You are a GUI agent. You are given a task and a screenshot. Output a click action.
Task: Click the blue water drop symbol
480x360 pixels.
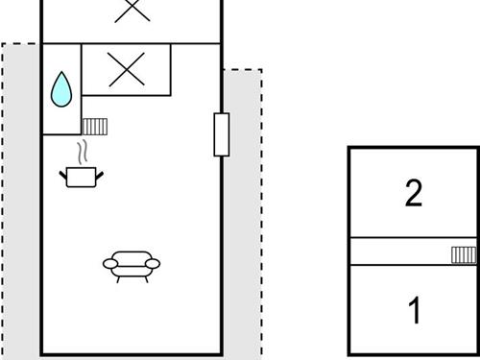(61, 88)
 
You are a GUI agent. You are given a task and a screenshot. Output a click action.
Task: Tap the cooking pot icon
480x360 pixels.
(82, 176)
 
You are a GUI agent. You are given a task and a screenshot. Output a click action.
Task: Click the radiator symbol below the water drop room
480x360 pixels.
(94, 126)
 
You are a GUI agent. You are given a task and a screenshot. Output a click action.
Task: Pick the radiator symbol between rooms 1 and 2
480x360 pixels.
(464, 253)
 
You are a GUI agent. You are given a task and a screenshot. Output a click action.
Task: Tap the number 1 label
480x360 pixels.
(415, 311)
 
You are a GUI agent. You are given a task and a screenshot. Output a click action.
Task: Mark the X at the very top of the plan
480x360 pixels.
(132, 10)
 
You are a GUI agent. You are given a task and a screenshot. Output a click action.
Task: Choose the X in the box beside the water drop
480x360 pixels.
(125, 68)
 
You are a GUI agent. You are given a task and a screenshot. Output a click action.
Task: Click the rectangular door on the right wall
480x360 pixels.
(222, 134)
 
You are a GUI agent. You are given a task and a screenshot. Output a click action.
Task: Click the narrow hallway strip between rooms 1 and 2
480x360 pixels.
(398, 252)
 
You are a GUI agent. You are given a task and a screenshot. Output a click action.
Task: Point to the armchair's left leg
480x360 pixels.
(117, 278)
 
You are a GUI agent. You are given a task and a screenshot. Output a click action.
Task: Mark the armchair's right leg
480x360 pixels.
(145, 278)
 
